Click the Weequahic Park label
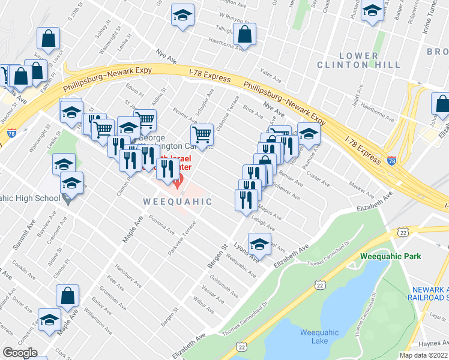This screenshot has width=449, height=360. coord(391,256)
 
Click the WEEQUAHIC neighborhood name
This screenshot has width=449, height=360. coord(178,202)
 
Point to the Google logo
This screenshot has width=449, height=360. coord(20,353)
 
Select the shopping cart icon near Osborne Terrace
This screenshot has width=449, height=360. coord(202,136)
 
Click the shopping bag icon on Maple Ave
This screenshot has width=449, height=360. coord(67,295)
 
